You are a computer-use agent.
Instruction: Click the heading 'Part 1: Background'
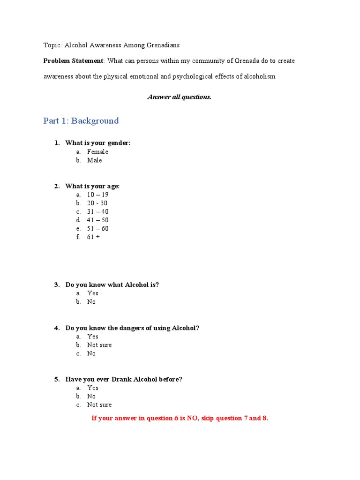(81, 121)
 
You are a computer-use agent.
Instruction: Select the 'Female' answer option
(97, 152)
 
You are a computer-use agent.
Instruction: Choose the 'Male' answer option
(94, 160)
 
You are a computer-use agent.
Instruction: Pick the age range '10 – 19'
(97, 195)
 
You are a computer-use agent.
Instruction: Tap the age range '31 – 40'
(97, 211)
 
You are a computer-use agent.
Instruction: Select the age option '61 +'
(93, 237)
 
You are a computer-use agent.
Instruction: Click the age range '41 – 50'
(97, 220)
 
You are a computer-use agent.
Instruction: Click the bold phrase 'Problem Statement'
(73, 61)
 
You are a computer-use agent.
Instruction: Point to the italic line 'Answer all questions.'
(180, 97)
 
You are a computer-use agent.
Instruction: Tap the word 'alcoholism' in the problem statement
(260, 76)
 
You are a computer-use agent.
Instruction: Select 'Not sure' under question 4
(99, 345)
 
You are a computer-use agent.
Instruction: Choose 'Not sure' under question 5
(99, 405)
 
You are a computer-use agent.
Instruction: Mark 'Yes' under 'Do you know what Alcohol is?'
(93, 293)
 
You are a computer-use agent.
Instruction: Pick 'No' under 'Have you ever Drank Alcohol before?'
(91, 397)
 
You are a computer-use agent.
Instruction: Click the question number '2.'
(57, 186)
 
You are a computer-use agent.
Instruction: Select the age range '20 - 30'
(97, 203)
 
